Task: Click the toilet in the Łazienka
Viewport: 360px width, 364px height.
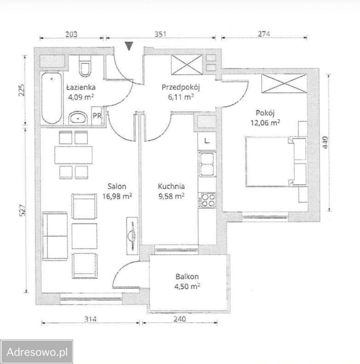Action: coord(85,66)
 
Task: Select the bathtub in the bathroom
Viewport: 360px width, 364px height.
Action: coord(52,98)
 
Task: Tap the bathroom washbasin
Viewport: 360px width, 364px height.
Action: coord(78,118)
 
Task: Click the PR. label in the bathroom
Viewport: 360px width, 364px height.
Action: coord(97,116)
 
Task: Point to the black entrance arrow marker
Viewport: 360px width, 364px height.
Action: coord(129,46)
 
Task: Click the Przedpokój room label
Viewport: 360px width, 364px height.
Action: coord(181,87)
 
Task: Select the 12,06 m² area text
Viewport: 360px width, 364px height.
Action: coord(265,122)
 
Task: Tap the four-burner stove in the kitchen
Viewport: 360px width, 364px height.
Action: coord(208,200)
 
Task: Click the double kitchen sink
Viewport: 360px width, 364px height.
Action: coord(207,164)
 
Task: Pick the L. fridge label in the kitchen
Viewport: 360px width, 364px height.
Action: coord(207,141)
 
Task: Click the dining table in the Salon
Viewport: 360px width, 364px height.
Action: coord(73,155)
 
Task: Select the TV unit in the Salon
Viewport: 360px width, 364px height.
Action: coord(132,236)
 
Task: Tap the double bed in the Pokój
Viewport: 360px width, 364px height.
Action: coord(276,162)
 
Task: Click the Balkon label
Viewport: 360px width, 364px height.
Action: coord(187,276)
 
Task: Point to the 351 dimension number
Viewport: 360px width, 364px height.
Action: coord(160,34)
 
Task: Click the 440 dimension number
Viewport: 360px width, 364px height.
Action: coord(325,143)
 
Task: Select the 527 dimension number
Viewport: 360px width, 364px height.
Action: coord(22,210)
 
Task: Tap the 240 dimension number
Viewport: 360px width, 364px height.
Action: coord(180,319)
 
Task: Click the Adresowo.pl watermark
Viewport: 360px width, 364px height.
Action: coord(37,352)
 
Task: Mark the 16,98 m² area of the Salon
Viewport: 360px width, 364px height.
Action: coord(117,196)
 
